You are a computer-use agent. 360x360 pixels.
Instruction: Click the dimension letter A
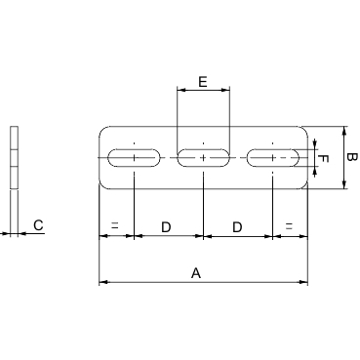196,275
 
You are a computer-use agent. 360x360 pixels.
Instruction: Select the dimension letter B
353,157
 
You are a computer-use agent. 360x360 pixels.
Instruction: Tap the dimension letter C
37,225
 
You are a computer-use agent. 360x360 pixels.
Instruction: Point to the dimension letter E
202,82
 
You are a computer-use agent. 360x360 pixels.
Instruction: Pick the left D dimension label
166,226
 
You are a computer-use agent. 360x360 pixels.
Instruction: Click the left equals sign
115,226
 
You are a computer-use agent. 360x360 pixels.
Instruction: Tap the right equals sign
290,226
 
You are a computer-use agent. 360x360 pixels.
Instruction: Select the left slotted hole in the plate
133,157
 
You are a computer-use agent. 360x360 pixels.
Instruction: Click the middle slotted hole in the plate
203,157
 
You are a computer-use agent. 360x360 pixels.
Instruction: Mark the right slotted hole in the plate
273,157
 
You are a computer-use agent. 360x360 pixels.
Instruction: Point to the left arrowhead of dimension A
102,284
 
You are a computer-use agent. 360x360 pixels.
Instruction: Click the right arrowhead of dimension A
304,284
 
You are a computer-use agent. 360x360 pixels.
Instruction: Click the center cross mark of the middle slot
203,157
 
